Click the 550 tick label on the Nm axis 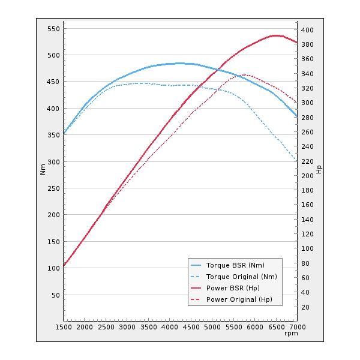tap(53, 29)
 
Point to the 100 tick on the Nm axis tap(53, 268)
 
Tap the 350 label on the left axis tap(53, 135)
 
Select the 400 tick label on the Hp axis tap(307, 30)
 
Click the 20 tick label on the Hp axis tap(305, 307)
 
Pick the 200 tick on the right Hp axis tap(307, 176)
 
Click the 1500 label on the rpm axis tap(64, 327)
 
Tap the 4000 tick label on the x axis tap(170, 327)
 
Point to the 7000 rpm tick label tap(297, 327)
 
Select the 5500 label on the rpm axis tap(233, 327)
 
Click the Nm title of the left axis tap(43, 169)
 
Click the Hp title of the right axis tap(319, 169)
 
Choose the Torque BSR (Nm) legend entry tap(235, 265)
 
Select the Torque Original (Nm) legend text tap(241, 277)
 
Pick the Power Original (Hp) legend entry tap(239, 299)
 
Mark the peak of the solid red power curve tap(276, 35)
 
